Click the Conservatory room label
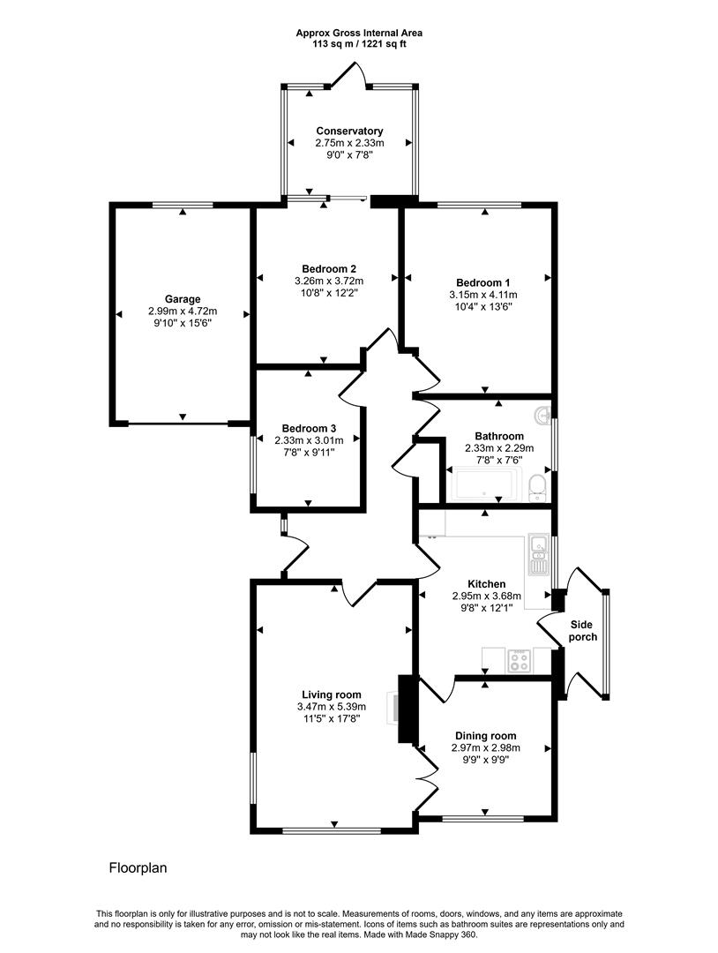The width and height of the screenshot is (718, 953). [349, 131]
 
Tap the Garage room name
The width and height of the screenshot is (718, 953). [182, 299]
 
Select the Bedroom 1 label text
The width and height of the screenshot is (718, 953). [483, 282]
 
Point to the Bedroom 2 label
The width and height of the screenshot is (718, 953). [328, 269]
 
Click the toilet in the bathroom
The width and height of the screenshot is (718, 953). [535, 486]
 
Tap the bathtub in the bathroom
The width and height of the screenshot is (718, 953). [484, 485]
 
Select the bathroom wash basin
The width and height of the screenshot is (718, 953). [542, 414]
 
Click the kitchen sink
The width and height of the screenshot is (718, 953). [537, 553]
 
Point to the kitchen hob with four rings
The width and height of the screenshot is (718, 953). [520, 660]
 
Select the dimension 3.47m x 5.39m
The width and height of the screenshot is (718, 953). [331, 707]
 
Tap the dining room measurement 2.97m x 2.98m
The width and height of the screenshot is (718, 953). [485, 748]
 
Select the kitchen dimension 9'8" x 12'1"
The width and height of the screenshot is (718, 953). [486, 609]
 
